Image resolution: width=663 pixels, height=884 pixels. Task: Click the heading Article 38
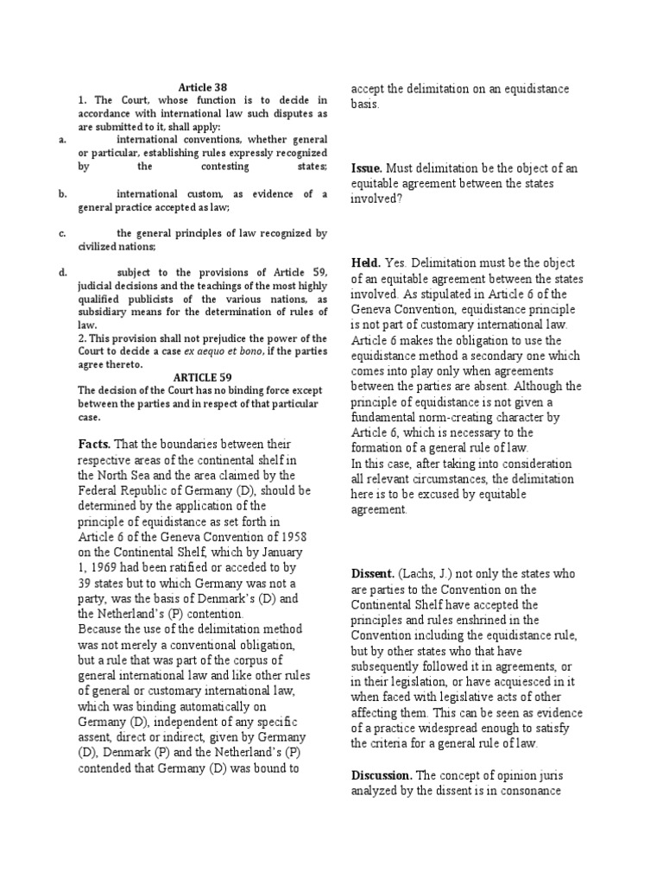coord(202,87)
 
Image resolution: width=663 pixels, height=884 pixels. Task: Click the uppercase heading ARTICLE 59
coord(203,378)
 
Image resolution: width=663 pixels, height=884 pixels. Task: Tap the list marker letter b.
coord(62,194)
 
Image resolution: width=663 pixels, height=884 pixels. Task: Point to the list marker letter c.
coord(62,233)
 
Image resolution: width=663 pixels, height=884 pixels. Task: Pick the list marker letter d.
coord(62,272)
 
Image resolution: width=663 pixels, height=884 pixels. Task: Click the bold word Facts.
coord(95,444)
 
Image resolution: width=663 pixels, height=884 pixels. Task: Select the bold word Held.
coord(367,262)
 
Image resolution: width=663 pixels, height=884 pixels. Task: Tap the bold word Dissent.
coord(372,573)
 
